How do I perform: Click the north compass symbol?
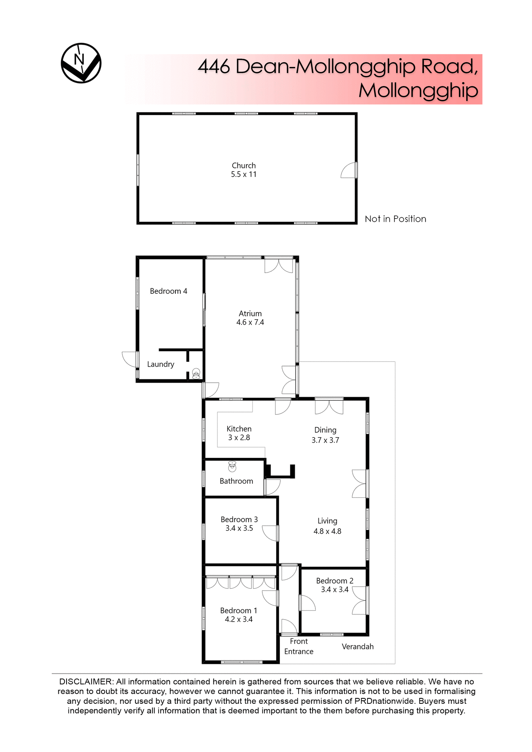(81, 63)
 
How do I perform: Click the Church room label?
(243, 165)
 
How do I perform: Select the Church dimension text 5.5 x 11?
(243, 174)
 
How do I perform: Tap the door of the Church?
(349, 170)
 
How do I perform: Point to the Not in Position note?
(395, 219)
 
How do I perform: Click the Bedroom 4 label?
(168, 291)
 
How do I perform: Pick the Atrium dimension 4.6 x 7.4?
(250, 322)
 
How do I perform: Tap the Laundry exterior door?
(130, 359)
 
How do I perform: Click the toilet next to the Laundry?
(196, 373)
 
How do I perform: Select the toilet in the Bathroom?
(232, 466)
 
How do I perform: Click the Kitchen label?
(239, 429)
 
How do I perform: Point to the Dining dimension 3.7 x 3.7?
(325, 440)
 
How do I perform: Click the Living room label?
(327, 521)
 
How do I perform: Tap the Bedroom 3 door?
(270, 533)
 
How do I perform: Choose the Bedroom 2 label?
(335, 581)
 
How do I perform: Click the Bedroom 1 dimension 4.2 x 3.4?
(239, 619)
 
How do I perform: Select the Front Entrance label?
(299, 646)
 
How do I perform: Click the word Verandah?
(357, 647)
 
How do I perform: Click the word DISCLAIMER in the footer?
(86, 682)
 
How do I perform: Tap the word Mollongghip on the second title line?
(418, 90)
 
